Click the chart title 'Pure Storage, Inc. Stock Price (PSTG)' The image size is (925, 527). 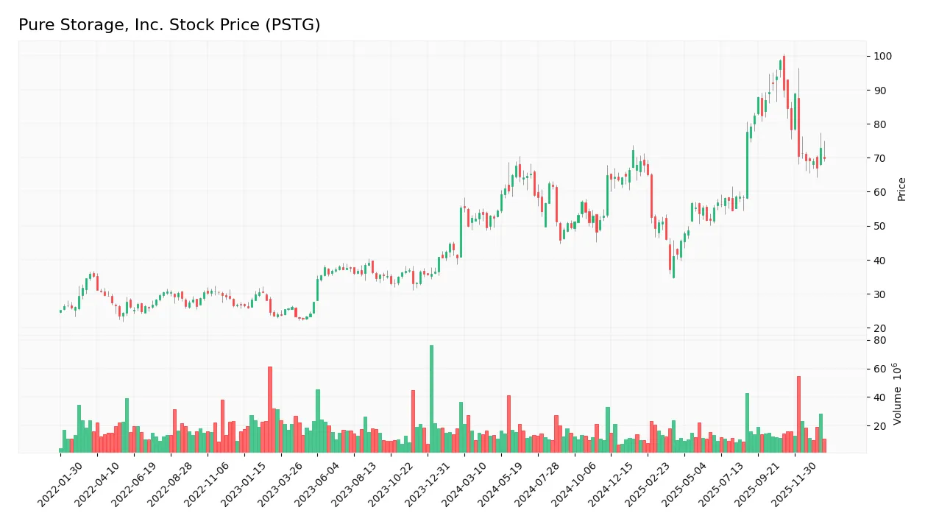[x=169, y=25]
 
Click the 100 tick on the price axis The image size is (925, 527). [x=882, y=57]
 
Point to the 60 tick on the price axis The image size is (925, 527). [x=880, y=193]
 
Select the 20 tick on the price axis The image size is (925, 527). [x=880, y=328]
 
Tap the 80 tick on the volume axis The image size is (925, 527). [x=880, y=341]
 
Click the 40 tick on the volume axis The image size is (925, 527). [x=880, y=397]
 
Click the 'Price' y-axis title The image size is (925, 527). [x=902, y=189]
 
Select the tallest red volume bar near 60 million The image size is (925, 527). [x=270, y=409]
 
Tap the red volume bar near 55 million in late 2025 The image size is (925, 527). [x=798, y=414]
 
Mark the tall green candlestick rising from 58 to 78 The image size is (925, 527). [x=747, y=165]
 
